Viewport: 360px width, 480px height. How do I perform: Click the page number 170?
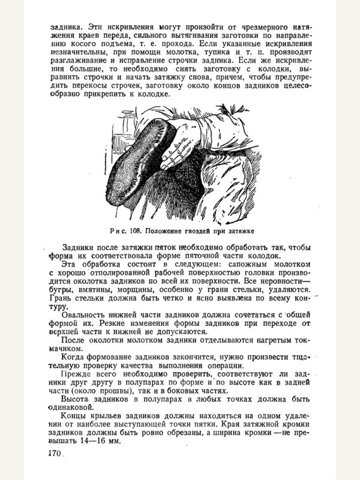click(x=53, y=454)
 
